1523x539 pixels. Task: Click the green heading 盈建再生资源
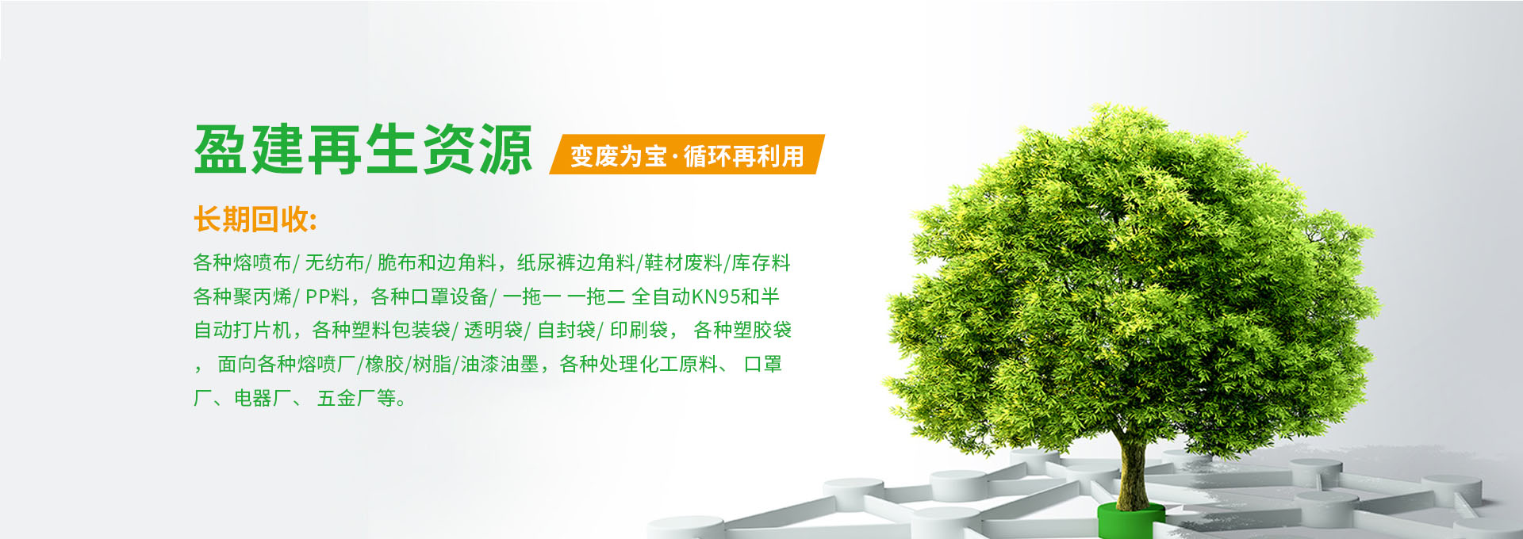[363, 150]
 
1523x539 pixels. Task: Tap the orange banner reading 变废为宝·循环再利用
[687, 155]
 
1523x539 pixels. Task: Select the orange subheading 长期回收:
[255, 220]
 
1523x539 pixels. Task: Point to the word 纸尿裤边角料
[577, 262]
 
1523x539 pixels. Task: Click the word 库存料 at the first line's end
[761, 262]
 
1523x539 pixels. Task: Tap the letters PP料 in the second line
[328, 296]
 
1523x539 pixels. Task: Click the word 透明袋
[493, 330]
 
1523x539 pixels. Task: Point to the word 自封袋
[566, 330]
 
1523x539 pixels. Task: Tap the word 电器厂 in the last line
[263, 398]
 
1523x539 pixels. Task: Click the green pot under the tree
[1130, 520]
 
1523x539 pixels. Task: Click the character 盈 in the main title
[221, 150]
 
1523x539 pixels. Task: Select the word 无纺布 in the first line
[334, 262]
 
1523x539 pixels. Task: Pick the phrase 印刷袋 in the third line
[639, 330]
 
